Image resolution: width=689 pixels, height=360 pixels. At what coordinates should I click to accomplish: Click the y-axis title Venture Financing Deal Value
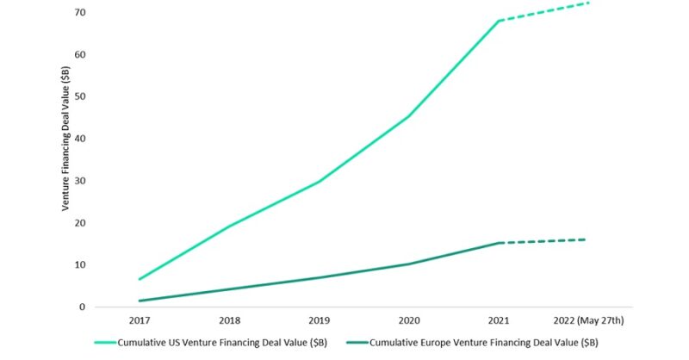coord(65,159)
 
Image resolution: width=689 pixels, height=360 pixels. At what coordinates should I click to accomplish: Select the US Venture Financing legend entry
coord(223,343)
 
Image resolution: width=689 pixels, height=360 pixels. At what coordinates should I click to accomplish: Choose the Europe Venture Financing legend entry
coord(481,343)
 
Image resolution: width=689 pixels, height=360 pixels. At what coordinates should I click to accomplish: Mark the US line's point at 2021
coord(500,20)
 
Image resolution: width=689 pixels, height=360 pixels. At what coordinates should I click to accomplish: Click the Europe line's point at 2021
coord(500,243)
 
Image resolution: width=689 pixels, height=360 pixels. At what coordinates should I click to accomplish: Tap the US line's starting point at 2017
coord(139,279)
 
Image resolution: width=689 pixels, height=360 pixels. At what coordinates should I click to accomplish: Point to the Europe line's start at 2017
coord(139,301)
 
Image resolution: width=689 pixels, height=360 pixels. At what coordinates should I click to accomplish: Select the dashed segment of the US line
coord(544,11)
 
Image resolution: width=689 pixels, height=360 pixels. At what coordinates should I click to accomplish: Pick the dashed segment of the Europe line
coord(544,241)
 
